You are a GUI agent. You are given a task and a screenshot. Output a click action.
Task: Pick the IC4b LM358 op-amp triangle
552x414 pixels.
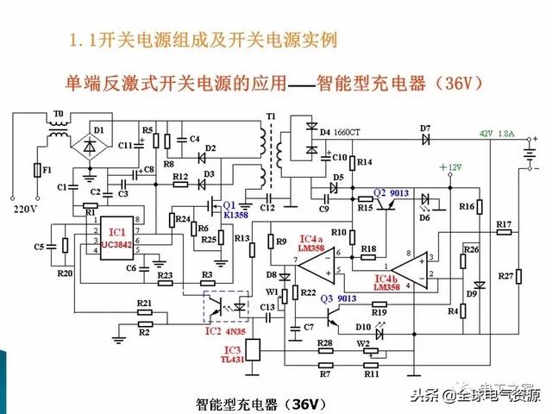tap(412, 267)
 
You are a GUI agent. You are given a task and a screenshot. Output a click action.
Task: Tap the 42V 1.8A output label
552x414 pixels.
tap(498, 134)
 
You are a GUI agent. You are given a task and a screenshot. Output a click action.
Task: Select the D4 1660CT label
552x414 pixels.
tap(338, 132)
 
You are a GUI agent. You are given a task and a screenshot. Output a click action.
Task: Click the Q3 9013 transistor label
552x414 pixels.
tap(339, 298)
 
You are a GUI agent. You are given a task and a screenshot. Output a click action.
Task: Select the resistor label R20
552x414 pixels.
tap(65, 273)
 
